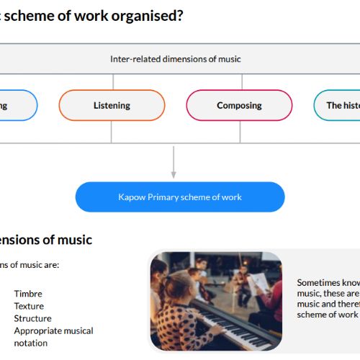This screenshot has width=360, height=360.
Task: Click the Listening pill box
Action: [112, 105]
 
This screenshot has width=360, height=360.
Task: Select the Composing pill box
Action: [239, 105]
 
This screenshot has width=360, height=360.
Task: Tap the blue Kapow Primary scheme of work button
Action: [180, 197]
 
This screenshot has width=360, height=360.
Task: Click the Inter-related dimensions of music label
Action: [176, 59]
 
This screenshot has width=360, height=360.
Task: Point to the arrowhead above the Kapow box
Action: [174, 175]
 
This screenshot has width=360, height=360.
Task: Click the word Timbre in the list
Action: [28, 294]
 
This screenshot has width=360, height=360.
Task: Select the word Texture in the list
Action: [29, 306]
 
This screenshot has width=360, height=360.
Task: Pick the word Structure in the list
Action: [32, 318]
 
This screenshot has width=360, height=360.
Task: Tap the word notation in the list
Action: [31, 343]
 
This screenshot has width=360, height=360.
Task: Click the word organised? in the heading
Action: [147, 16]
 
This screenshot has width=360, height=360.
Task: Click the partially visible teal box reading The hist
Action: [337, 105]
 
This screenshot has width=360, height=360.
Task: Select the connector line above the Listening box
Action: [113, 82]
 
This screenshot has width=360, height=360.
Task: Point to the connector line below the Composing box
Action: [240, 132]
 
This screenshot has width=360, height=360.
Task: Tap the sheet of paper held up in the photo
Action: [258, 284]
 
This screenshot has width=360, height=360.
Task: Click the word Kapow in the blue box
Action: [132, 197]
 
